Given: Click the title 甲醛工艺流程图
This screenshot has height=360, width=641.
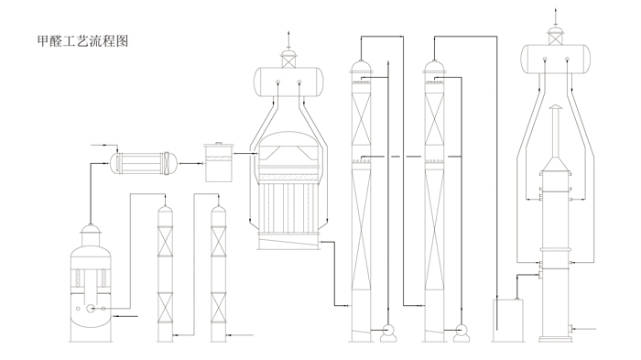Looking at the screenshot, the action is (x=83, y=41).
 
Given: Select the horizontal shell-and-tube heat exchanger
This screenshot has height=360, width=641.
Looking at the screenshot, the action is (x=144, y=163).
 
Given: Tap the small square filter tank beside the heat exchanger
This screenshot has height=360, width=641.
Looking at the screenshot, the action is (x=219, y=162).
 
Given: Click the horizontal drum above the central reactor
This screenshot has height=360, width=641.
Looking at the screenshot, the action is (x=289, y=82).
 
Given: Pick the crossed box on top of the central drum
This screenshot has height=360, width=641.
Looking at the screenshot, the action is (x=288, y=61).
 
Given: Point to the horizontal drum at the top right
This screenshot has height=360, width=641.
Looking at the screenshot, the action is (x=556, y=59).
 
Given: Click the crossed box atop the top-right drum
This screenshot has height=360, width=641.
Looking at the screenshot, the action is (x=555, y=38).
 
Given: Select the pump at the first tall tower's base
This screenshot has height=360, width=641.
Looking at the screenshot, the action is (x=388, y=333).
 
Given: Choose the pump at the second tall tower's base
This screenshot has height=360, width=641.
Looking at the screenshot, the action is (x=462, y=333).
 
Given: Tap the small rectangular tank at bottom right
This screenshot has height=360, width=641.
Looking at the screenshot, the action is (x=508, y=321).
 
